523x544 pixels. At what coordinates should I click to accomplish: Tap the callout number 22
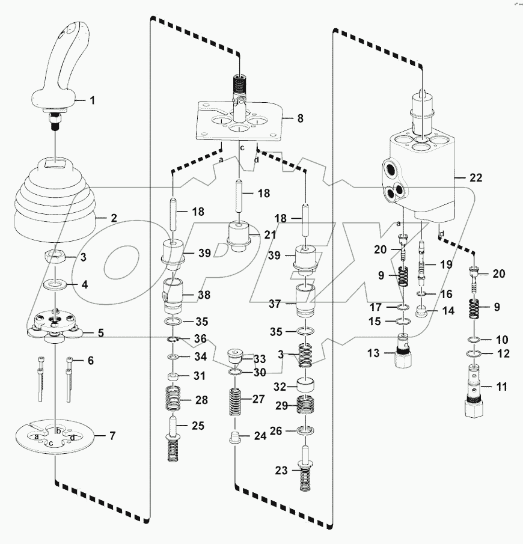[x=476, y=178]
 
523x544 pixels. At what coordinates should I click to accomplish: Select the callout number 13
[x=374, y=353]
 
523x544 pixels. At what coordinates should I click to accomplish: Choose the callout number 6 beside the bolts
[x=91, y=361]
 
